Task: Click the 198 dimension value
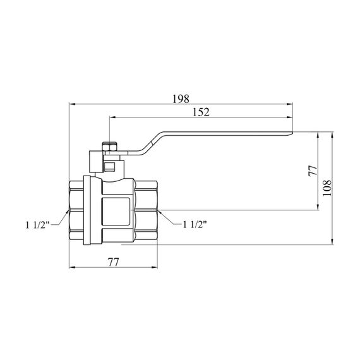pyautogui.click(x=181, y=99)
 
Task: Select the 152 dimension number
pyautogui.click(x=201, y=112)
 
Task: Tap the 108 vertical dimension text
pyautogui.click(x=327, y=188)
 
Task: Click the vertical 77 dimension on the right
pyautogui.click(x=313, y=171)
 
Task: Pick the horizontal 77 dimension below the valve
pyautogui.click(x=114, y=262)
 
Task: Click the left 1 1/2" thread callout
pyautogui.click(x=37, y=225)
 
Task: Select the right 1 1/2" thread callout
pyautogui.click(x=195, y=224)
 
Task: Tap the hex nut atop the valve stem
pyautogui.click(x=109, y=147)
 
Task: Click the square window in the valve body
pyautogui.click(x=116, y=212)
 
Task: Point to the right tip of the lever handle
pyautogui.click(x=292, y=133)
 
